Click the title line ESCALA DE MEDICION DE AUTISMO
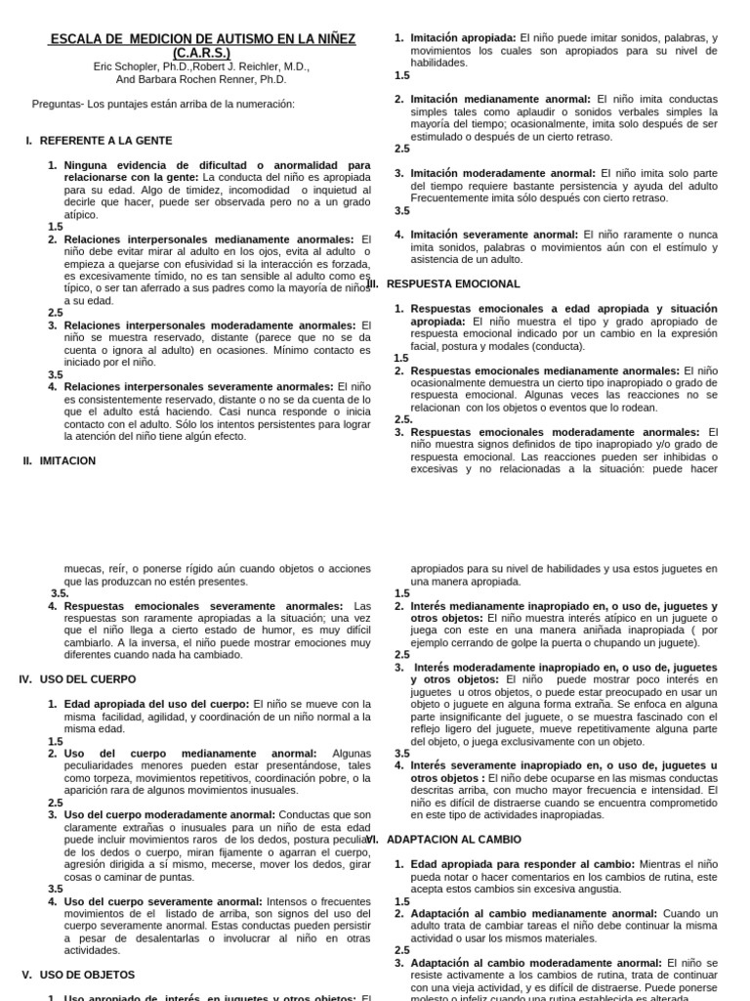[x=203, y=39]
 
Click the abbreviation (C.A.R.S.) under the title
[x=203, y=53]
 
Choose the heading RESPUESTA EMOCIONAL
[x=453, y=283]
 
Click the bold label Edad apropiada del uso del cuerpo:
[x=156, y=704]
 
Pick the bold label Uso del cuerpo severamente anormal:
[x=161, y=901]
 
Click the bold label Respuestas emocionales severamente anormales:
[x=203, y=606]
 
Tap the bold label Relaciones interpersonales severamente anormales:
[x=198, y=386]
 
